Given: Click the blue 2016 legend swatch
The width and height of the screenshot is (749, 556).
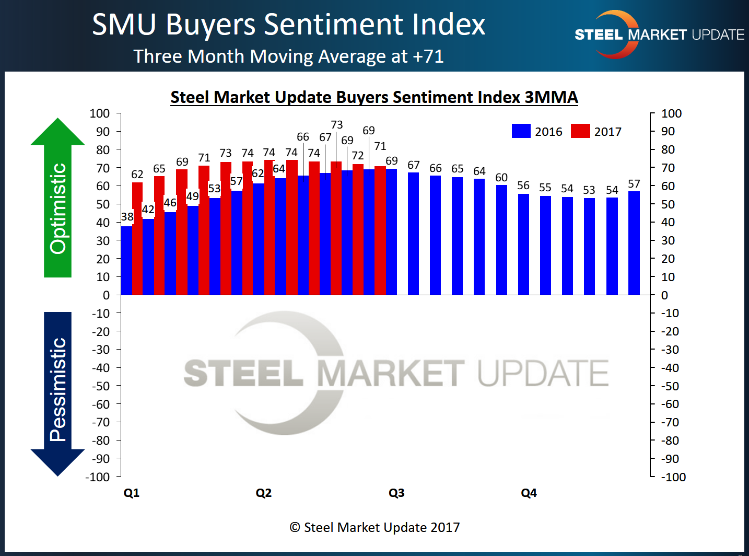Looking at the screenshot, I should pos(521,131).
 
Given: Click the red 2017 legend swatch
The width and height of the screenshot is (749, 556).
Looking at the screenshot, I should pos(580,131).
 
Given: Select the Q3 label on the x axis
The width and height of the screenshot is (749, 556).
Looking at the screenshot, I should pos(396,493).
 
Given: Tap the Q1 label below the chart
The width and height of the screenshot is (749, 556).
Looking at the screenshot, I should pos(132,493).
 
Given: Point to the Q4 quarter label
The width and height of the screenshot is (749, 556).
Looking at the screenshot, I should pos(529,493).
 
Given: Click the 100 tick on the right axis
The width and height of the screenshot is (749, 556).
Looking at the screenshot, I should pos(671,113).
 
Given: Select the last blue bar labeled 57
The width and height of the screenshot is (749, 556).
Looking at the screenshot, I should pos(634,243).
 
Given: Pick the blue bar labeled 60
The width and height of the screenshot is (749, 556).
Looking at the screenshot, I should pos(501,240).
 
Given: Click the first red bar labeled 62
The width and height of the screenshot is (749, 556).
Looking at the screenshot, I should pos(137,238).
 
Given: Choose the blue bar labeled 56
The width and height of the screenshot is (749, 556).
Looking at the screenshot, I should pos(523,244).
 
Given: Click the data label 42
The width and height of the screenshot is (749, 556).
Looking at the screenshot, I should pos(148,210).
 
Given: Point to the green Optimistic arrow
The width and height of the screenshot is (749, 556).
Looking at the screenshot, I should pos(57,199).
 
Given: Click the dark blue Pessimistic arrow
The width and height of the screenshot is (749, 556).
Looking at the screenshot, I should pos(57,392).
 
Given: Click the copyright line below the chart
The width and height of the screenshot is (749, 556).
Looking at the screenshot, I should pos(374,527).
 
